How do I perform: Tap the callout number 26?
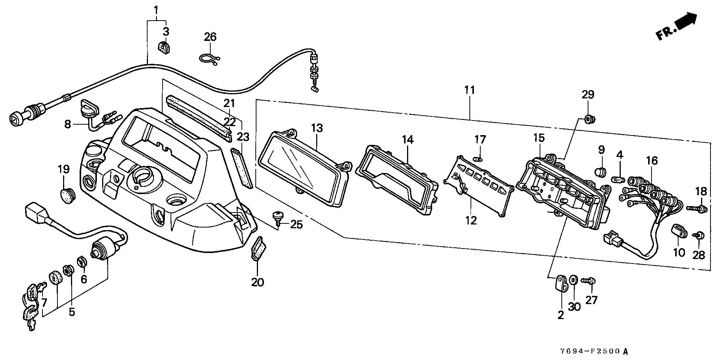[x=210, y=37]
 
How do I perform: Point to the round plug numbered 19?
[x=68, y=195]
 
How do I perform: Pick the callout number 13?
[x=317, y=128]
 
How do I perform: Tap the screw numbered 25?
[x=279, y=217]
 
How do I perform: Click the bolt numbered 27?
[x=589, y=280]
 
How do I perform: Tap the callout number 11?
[x=469, y=90]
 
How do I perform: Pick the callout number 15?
[x=539, y=138]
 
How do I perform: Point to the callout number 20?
[x=258, y=282]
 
